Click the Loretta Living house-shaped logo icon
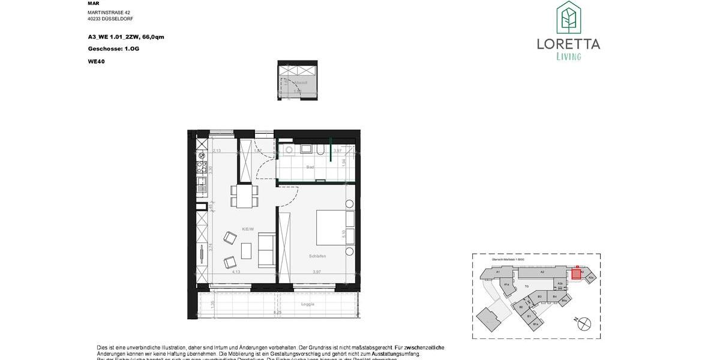[568, 17]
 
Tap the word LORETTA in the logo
[568, 44]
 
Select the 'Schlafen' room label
[317, 256]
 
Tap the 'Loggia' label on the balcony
[308, 304]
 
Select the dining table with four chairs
[245, 196]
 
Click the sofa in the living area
[266, 250]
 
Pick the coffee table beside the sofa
[247, 250]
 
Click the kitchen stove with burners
[201, 163]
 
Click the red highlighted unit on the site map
[576, 274]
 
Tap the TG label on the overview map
[526, 286]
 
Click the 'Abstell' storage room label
[301, 82]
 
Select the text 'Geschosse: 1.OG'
[113, 49]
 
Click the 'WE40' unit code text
[95, 60]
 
